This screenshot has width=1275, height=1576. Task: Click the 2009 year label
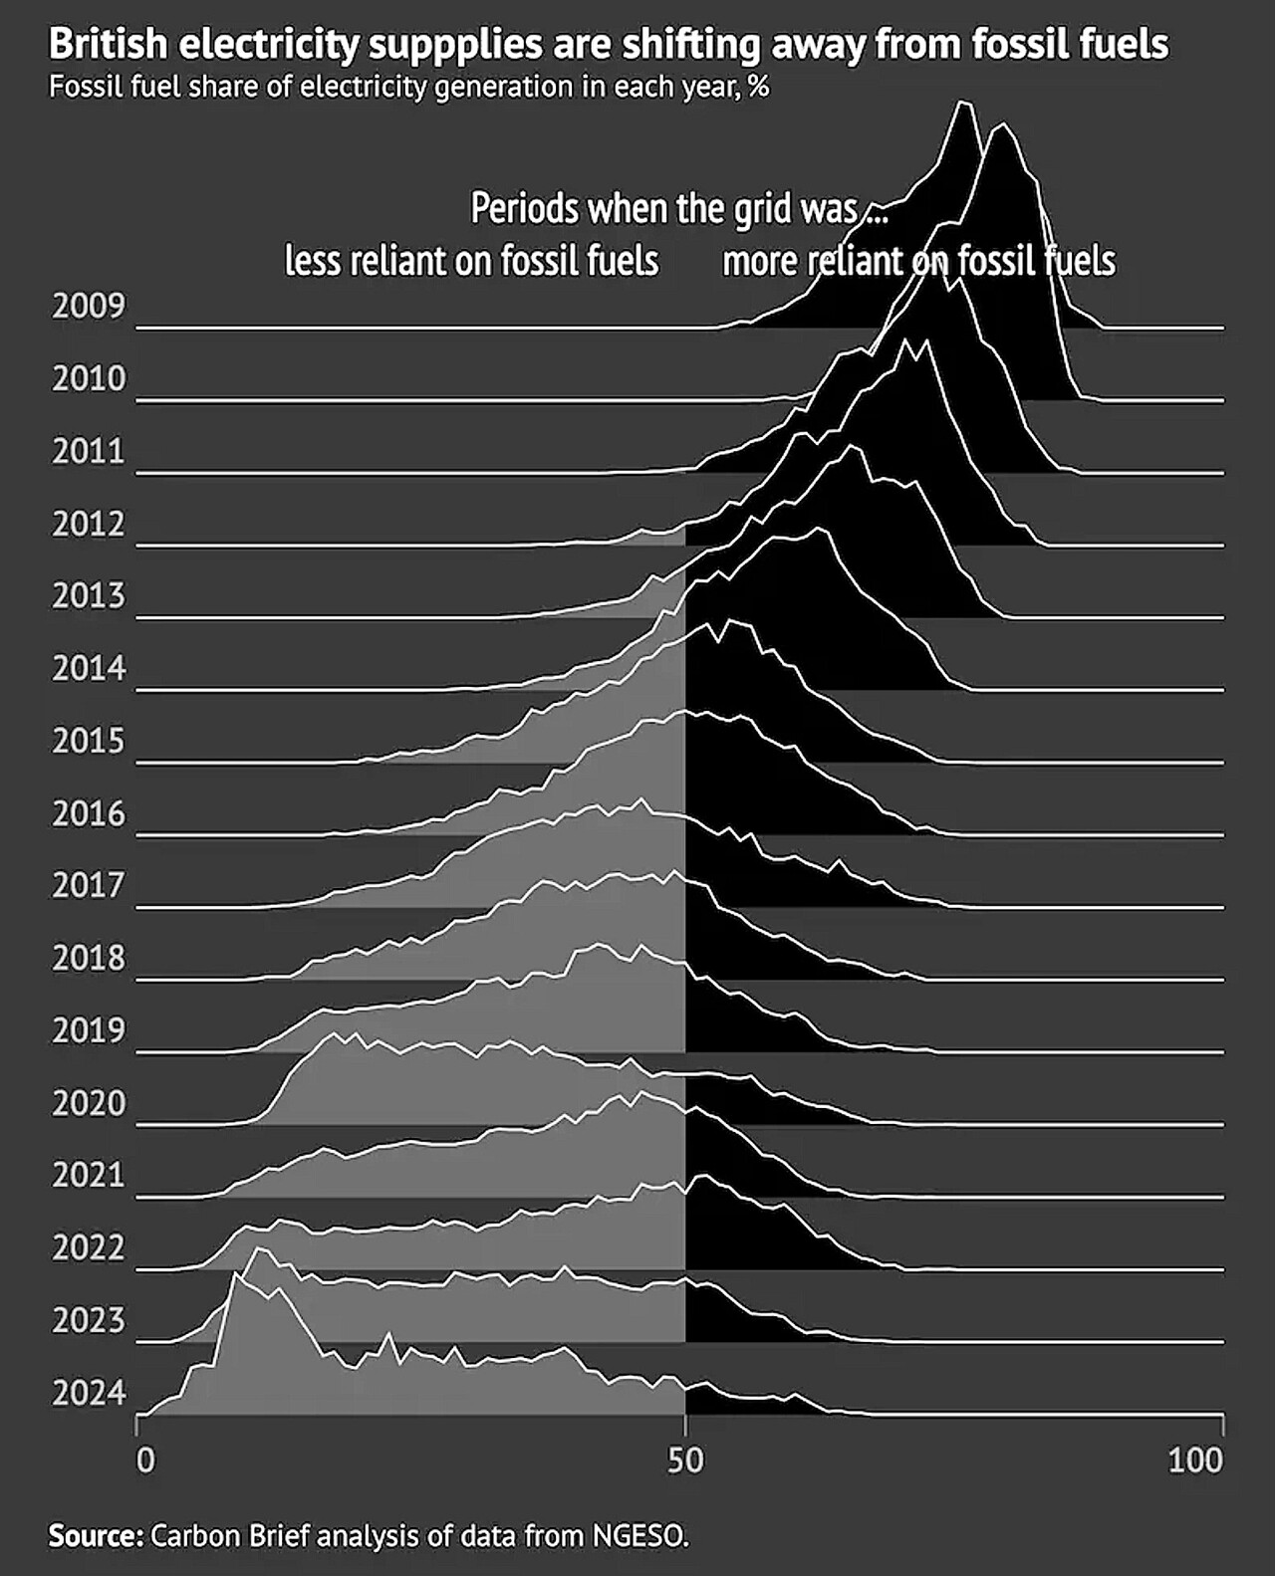[x=89, y=306]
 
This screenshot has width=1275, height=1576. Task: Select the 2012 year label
[x=89, y=524]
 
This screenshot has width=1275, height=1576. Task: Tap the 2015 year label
[x=89, y=742]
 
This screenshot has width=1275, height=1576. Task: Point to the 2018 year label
[x=89, y=958]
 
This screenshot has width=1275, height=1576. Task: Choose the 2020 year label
[x=89, y=1103]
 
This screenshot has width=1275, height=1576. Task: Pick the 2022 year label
[x=89, y=1247]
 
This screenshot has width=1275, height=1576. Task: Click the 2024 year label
[x=89, y=1393]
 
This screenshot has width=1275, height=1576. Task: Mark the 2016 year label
[x=89, y=814]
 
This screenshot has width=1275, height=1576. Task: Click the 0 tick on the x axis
[x=145, y=1461]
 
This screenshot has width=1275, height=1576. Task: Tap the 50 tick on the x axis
[x=685, y=1461]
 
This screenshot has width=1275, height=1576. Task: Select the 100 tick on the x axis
[x=1194, y=1461]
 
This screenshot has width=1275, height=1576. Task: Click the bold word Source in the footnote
[x=96, y=1535]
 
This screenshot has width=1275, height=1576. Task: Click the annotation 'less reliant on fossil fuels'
[x=471, y=261]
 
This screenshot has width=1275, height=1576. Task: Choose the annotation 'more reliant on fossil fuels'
[x=918, y=261]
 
